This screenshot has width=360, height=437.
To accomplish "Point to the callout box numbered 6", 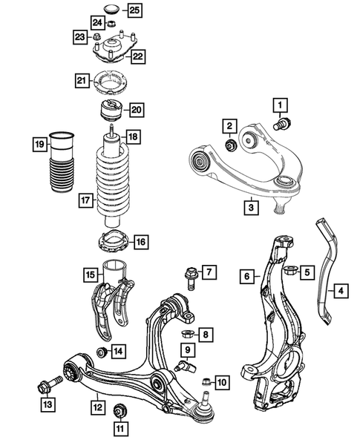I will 246,277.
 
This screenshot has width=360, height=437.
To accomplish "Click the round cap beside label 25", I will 113,10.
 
